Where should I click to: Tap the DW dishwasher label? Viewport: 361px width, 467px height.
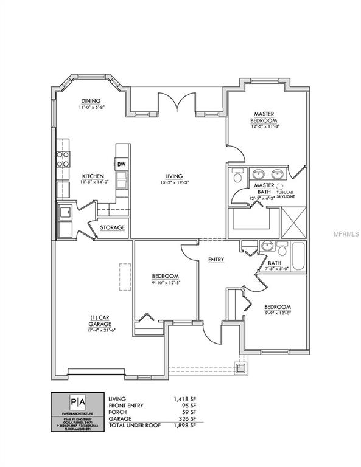tap(121, 164)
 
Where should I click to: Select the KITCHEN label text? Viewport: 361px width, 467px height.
tap(93, 176)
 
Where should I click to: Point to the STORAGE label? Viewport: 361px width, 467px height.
tap(113, 228)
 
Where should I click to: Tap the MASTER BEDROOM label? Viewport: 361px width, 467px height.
tap(265, 117)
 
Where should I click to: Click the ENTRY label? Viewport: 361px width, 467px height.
tap(216, 260)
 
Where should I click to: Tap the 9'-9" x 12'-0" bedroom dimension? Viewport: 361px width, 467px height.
tap(277, 314)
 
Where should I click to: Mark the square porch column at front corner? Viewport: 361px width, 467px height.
tap(242, 367)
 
